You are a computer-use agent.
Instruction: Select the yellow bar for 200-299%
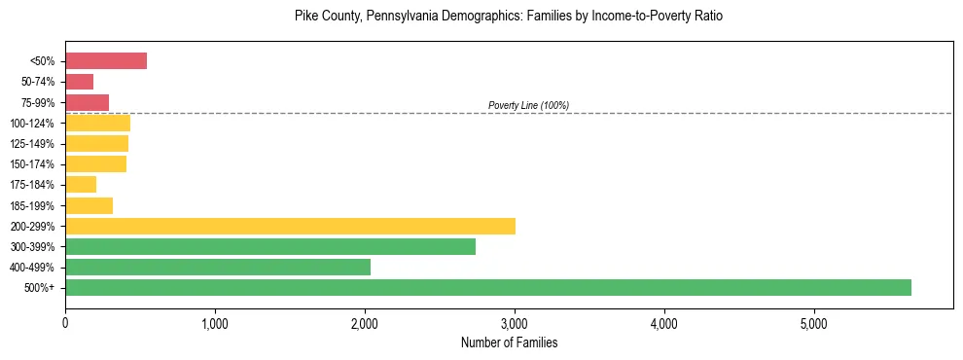(x=290, y=226)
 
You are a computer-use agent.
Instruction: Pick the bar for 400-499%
(x=218, y=267)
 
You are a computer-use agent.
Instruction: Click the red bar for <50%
(x=106, y=60)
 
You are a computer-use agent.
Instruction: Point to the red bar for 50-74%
(x=80, y=82)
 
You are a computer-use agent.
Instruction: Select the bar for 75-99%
(x=88, y=102)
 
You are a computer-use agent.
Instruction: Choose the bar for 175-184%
(x=81, y=185)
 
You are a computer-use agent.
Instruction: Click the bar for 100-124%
(x=98, y=123)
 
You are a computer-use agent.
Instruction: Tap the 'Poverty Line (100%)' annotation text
(x=528, y=105)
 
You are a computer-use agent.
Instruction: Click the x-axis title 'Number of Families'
(x=509, y=343)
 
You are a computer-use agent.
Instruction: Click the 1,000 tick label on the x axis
(x=215, y=323)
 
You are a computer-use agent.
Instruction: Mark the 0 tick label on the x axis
(x=65, y=323)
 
